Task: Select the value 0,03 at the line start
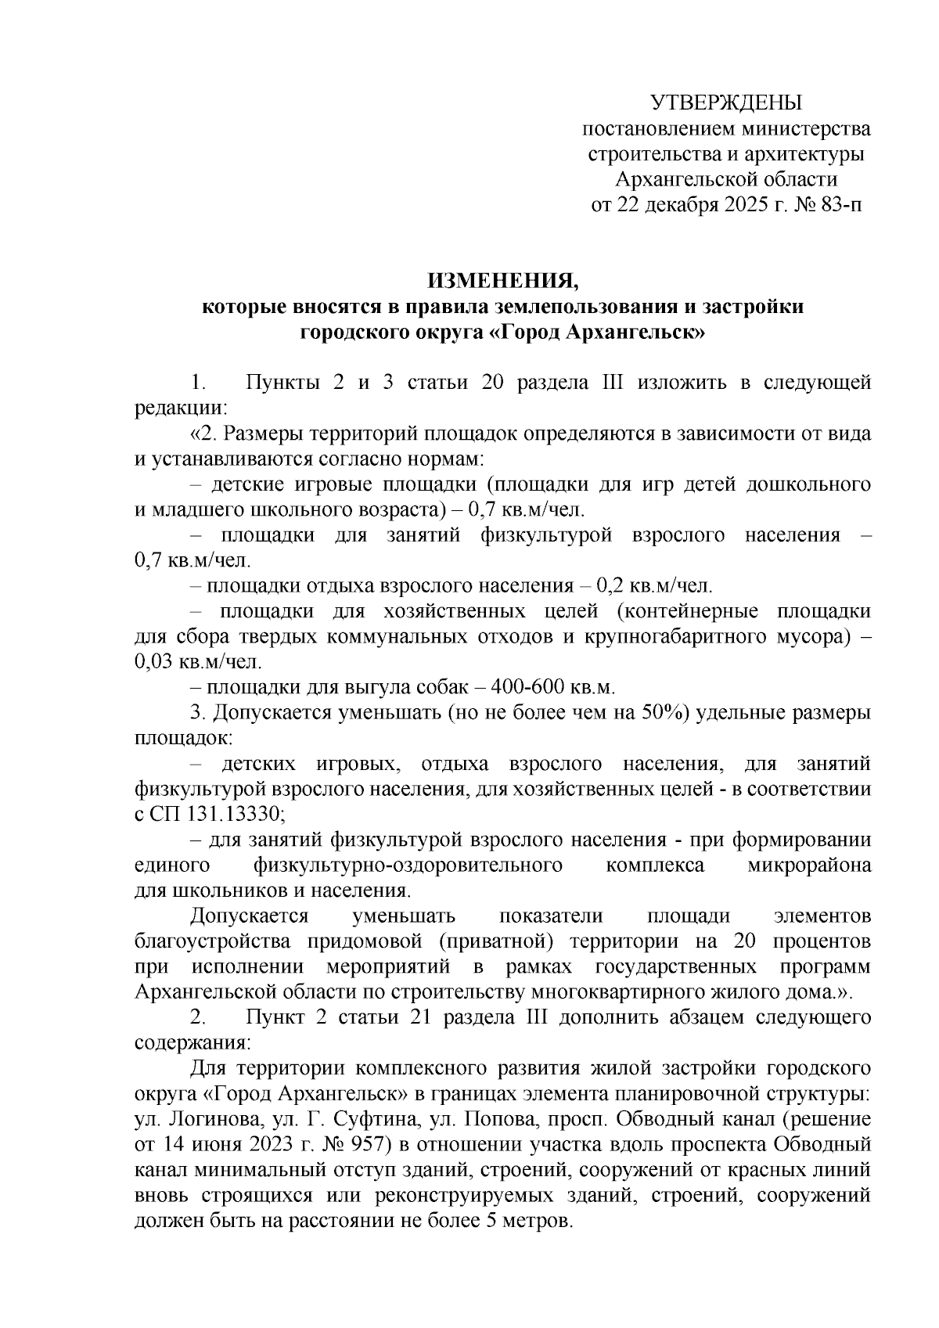coord(153,661)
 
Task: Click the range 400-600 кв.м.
coord(554,687)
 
